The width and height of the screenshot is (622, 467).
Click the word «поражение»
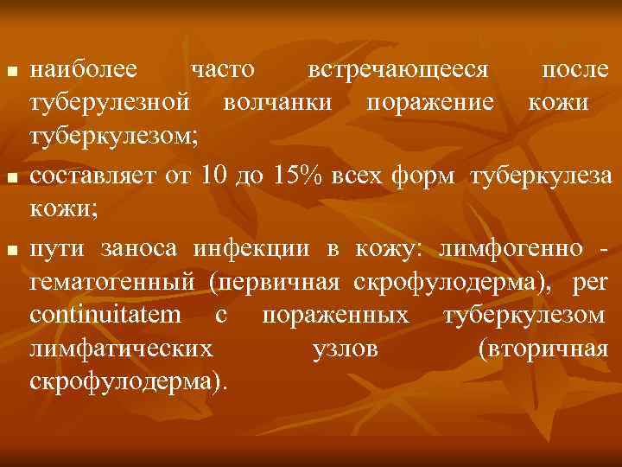pos(429,102)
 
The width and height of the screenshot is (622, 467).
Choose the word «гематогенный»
pos(115,283)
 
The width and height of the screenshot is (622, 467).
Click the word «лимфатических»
pos(122,349)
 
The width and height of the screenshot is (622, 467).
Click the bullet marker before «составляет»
pos(10,178)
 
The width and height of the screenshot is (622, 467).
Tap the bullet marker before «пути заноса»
pos(10,251)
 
